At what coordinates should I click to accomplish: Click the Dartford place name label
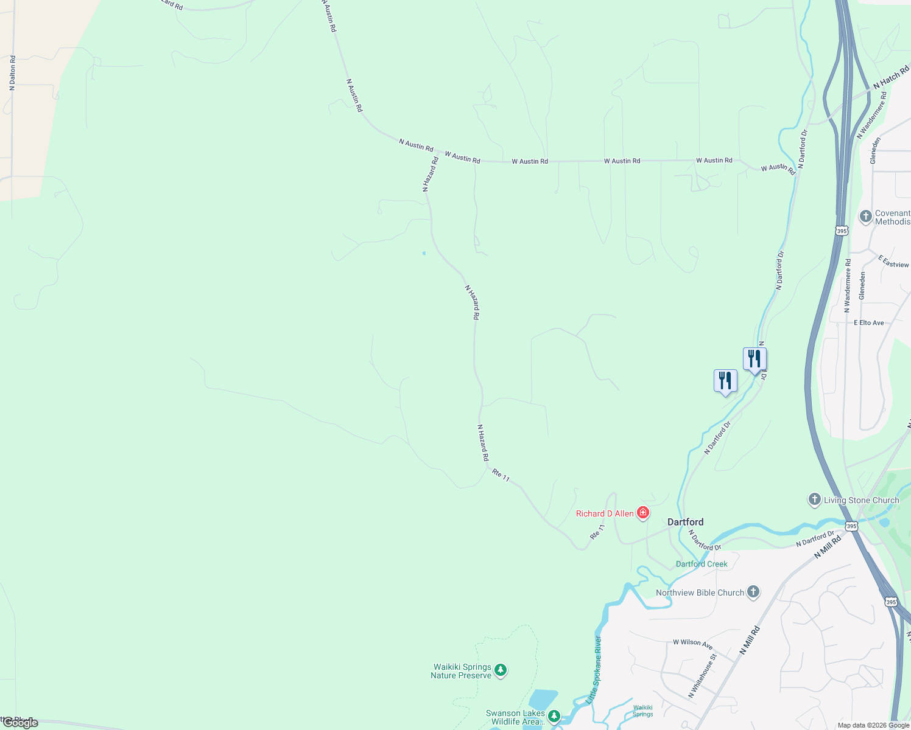coord(685,522)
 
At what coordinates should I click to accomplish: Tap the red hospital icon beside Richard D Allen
coord(642,513)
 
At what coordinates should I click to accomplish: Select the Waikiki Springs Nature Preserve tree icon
coord(501,670)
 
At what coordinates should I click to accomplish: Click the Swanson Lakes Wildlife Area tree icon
coord(554,715)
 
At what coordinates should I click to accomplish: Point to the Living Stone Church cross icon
coord(814,499)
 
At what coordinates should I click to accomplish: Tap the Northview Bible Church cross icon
coord(753,592)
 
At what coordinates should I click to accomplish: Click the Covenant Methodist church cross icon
coord(865,217)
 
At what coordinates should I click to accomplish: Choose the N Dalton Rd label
coord(12,73)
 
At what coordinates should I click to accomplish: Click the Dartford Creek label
coord(702,564)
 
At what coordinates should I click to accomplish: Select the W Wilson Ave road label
coord(692,643)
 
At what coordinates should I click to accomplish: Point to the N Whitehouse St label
coord(702,676)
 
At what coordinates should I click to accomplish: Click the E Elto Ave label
coord(868,323)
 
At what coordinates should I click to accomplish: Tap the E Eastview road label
coord(893,262)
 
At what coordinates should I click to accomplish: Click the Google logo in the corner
coord(20,723)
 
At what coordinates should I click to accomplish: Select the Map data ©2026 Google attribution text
coord(873,725)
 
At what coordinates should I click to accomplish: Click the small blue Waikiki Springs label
coord(642,711)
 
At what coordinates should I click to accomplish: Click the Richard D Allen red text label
coord(605,513)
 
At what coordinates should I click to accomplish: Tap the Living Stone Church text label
coord(861,500)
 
